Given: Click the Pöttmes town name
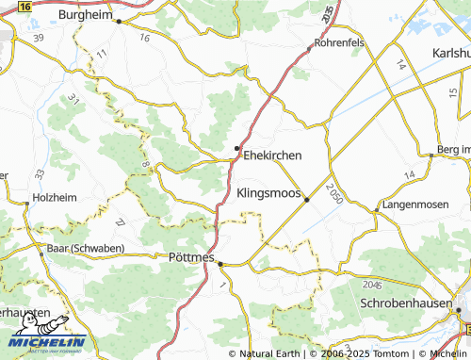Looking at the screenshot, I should click(x=191, y=256).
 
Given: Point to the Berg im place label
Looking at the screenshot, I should click(x=453, y=151).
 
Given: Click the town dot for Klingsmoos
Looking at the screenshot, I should click(x=307, y=199).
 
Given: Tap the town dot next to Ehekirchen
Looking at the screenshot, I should click(x=236, y=148).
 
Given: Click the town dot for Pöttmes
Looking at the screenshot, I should click(x=220, y=264).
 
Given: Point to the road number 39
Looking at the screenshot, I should click(x=39, y=37).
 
